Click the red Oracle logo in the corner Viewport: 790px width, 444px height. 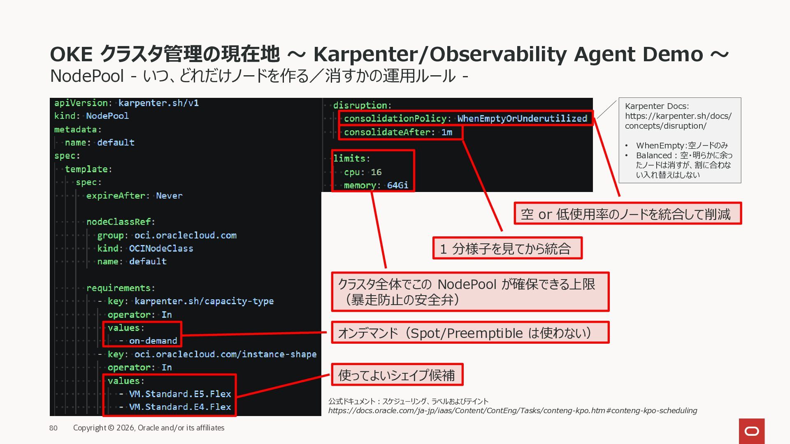[x=752, y=431]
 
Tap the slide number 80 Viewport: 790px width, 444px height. [x=53, y=428]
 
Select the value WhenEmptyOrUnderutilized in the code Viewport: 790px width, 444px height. [x=522, y=118]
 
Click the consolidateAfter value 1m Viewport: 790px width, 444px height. [x=447, y=132]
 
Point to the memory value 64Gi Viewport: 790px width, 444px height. [x=397, y=185]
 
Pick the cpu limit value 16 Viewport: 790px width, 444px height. [x=376, y=172]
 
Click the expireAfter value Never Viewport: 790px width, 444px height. [x=169, y=196]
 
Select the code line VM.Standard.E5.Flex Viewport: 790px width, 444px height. [x=180, y=394]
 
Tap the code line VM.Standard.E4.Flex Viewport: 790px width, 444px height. [x=180, y=407]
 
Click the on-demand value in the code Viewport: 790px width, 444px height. [x=153, y=341]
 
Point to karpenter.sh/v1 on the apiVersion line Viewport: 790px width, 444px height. [x=158, y=103]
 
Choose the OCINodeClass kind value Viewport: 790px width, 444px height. [x=161, y=248]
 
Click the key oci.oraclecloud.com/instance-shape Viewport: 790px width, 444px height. [x=225, y=354]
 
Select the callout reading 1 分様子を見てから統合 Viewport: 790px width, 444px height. [x=507, y=248]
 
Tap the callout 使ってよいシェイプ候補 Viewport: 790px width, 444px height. [x=397, y=375]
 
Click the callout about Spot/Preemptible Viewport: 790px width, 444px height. [x=470, y=333]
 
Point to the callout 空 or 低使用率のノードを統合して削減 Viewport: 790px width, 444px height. [x=627, y=213]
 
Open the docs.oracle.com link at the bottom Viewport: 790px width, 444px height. [x=513, y=411]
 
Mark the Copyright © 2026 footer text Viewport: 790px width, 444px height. [x=149, y=428]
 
